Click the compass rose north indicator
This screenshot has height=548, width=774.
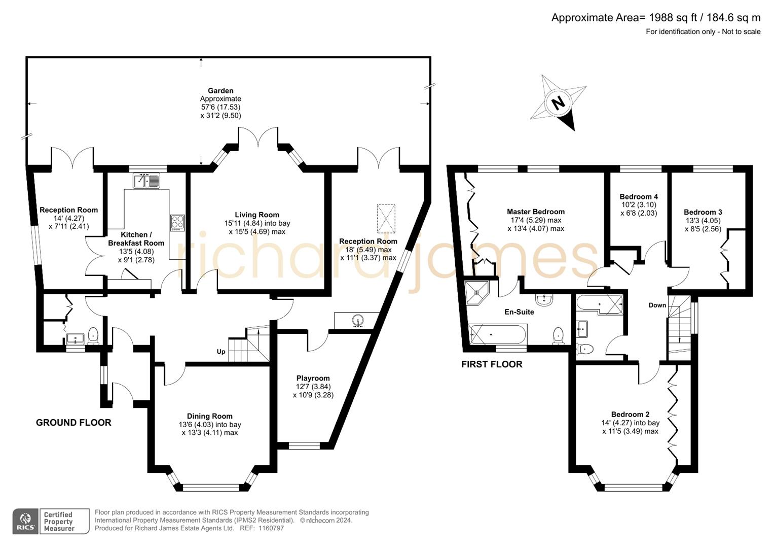(558, 103)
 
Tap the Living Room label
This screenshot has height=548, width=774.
(257, 215)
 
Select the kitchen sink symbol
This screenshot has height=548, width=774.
(146, 181)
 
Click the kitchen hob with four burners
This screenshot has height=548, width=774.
(177, 223)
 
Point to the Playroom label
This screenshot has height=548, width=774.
(313, 378)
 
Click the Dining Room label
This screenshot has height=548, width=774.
(209, 416)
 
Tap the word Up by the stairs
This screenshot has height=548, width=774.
(221, 352)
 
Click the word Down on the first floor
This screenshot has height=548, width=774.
(657, 305)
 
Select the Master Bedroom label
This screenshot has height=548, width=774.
(535, 212)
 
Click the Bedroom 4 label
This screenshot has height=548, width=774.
(638, 196)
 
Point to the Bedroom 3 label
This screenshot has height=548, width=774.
(703, 212)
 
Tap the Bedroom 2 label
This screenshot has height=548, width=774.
(630, 414)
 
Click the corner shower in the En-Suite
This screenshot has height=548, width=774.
(476, 291)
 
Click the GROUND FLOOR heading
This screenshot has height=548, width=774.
(73, 423)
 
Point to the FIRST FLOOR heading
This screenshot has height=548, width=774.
(491, 364)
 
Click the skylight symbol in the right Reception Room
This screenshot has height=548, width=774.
(386, 219)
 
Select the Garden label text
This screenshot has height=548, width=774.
(220, 91)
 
